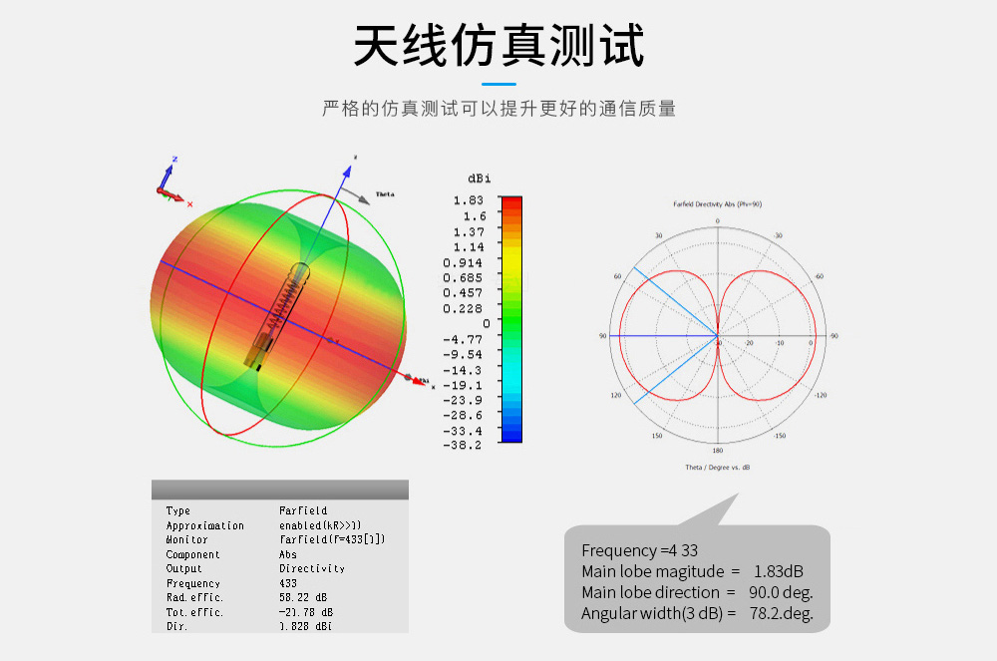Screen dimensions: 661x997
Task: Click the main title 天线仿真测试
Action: coord(498,45)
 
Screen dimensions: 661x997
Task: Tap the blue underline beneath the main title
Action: coord(498,85)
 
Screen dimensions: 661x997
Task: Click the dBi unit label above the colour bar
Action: coord(479,177)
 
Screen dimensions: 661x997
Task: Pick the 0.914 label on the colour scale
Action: coord(464,262)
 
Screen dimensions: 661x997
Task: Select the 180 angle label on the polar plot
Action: coord(717,452)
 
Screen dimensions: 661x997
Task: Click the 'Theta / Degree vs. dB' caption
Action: coord(717,467)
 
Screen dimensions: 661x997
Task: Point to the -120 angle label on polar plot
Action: coord(821,396)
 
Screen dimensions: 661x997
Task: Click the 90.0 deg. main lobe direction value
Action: coord(781,592)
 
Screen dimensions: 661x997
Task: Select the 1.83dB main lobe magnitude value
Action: coord(778,571)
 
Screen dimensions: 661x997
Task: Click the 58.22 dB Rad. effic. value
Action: coord(303,597)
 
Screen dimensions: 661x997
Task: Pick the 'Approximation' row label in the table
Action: coord(204,525)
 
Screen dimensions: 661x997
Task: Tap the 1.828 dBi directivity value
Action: coord(305,626)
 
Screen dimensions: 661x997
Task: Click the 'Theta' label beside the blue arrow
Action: coord(384,193)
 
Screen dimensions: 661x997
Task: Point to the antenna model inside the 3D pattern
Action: coord(281,315)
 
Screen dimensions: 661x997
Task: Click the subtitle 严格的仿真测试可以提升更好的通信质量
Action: coord(498,109)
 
